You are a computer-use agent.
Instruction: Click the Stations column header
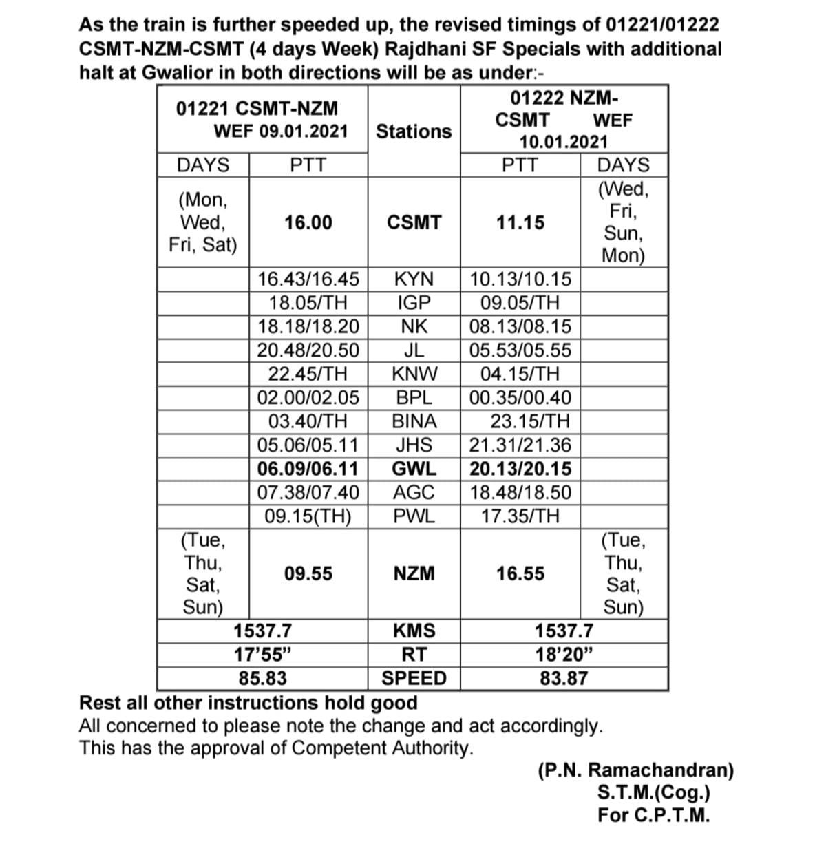[414, 131]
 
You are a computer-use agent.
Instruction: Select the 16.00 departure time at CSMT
[308, 222]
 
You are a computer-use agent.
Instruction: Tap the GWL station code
[414, 469]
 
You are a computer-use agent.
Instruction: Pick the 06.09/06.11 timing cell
[308, 469]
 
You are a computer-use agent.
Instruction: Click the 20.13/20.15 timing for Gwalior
[520, 469]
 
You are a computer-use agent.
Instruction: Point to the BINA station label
[414, 421]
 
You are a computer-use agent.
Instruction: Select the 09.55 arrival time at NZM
[308, 573]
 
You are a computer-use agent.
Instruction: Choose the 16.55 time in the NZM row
[520, 573]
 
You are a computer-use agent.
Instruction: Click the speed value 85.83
[263, 678]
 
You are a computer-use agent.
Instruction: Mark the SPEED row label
[414, 678]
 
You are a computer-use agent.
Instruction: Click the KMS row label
[414, 631]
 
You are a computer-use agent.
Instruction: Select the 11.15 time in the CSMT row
[520, 222]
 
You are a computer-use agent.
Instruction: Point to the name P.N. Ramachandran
[635, 770]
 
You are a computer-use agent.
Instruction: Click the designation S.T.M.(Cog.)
[654, 793]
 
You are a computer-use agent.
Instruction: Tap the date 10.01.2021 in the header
[564, 142]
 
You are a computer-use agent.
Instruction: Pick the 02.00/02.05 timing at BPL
[308, 397]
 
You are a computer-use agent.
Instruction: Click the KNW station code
[414, 374]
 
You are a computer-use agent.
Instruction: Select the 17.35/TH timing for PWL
[520, 516]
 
